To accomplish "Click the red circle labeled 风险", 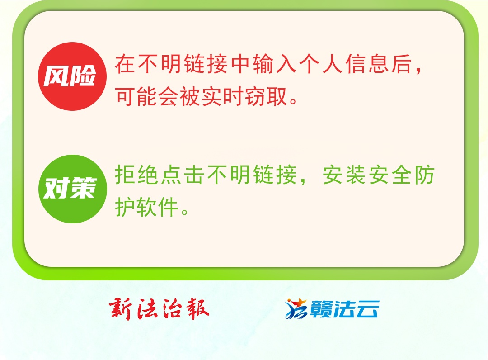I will click(x=72, y=76).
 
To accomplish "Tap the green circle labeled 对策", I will click(x=72, y=189).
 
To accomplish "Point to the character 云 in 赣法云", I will click(x=366, y=309).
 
